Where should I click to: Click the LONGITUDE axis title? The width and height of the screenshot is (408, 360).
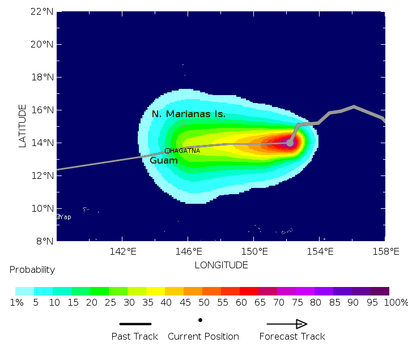click(221, 265)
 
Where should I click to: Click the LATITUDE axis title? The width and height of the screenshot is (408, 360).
click(23, 126)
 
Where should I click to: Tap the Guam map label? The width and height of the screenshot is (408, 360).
click(164, 161)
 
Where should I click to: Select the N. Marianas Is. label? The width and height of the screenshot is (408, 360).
click(189, 114)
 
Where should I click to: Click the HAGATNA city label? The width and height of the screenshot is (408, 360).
click(185, 151)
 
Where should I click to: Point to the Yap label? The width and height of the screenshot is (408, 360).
click(65, 217)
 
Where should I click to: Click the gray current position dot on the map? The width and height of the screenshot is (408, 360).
click(290, 143)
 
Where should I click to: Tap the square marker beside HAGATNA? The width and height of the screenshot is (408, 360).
click(167, 151)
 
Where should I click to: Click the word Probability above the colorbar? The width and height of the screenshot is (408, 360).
click(32, 270)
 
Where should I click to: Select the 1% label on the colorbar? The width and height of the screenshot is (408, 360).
click(16, 303)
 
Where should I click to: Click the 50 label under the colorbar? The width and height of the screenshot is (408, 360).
click(211, 303)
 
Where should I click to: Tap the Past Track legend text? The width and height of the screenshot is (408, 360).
click(134, 337)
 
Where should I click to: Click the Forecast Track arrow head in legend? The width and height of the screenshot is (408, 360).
click(301, 324)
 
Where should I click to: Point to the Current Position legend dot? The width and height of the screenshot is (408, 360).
click(200, 320)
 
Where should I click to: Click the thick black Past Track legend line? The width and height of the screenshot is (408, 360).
click(135, 324)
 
